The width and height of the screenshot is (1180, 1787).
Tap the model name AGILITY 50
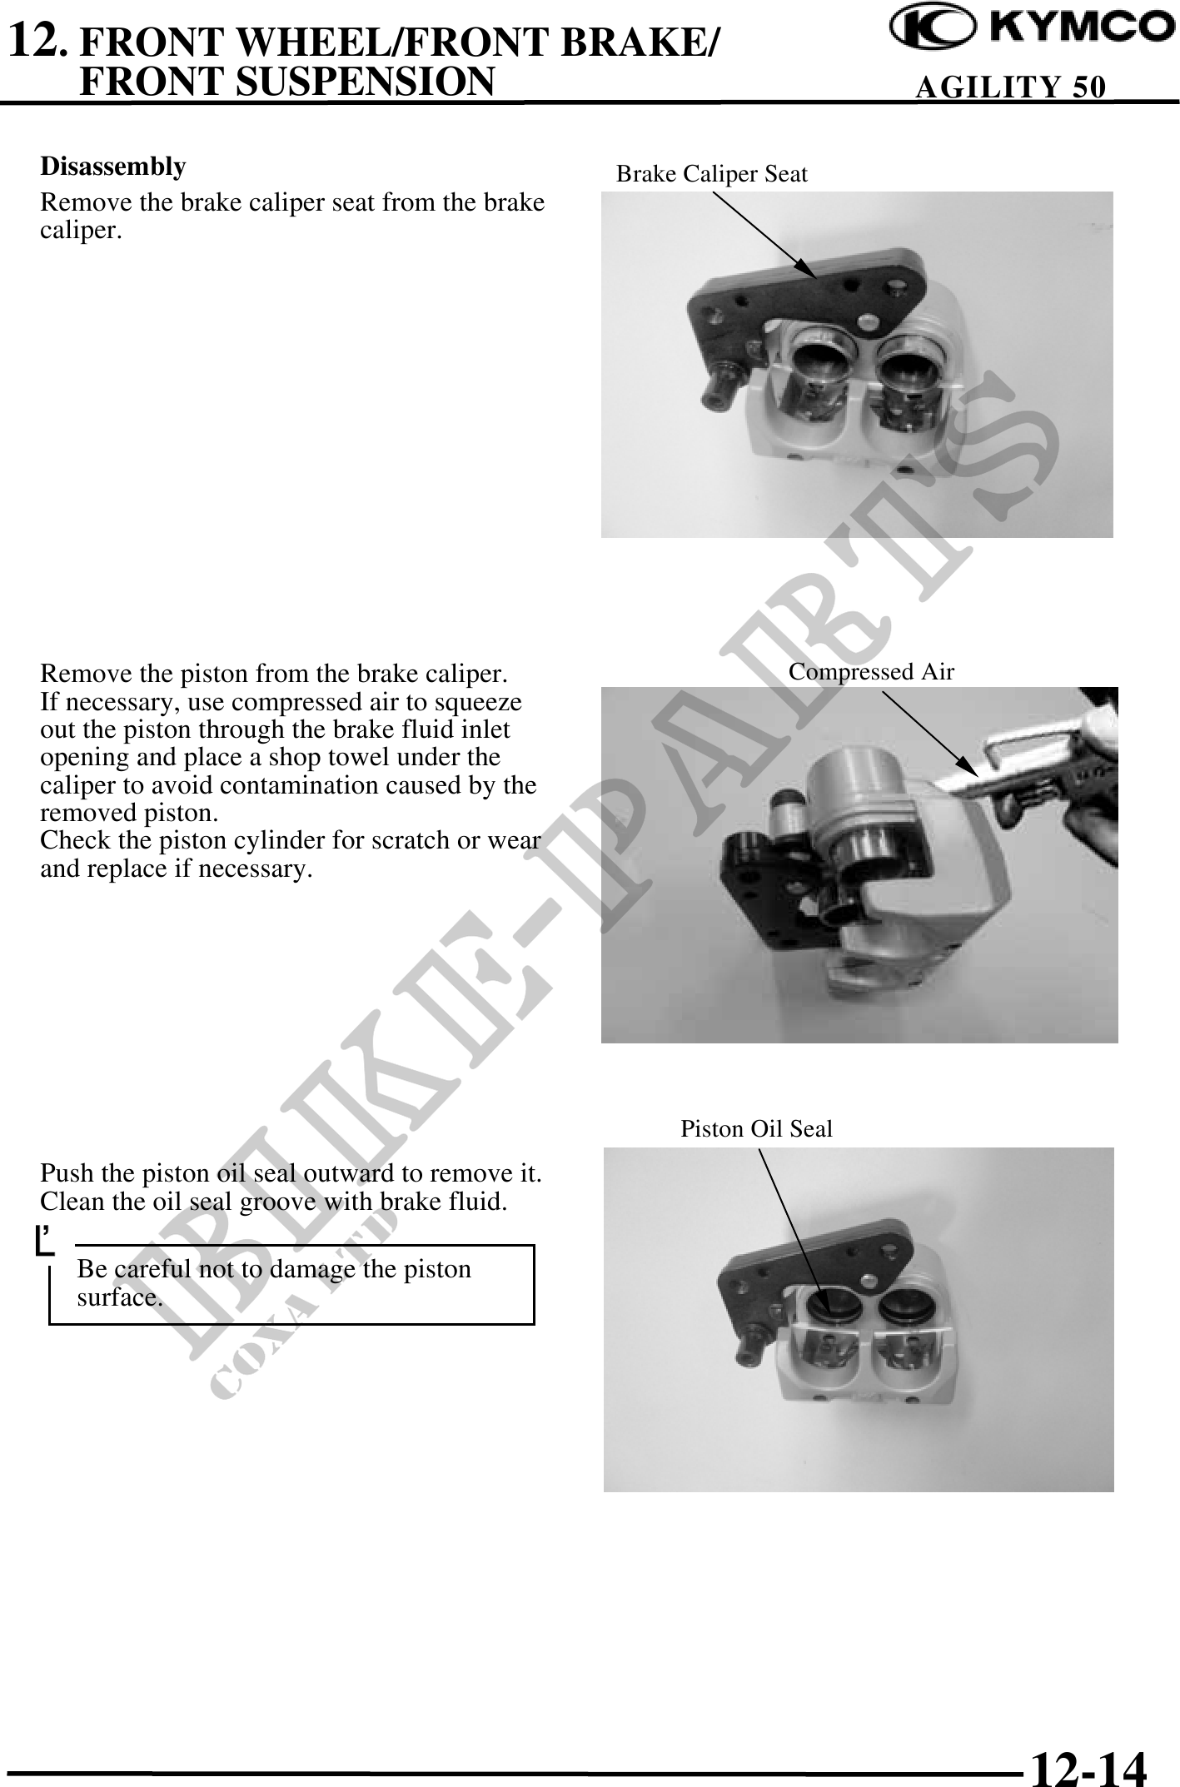(1011, 87)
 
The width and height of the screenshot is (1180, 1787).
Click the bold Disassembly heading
(113, 167)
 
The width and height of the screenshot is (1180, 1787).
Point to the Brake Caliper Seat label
(712, 174)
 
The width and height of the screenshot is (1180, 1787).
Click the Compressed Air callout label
(871, 672)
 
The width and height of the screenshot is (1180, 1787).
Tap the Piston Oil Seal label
(757, 1129)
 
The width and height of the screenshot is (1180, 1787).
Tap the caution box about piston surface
(291, 1285)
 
